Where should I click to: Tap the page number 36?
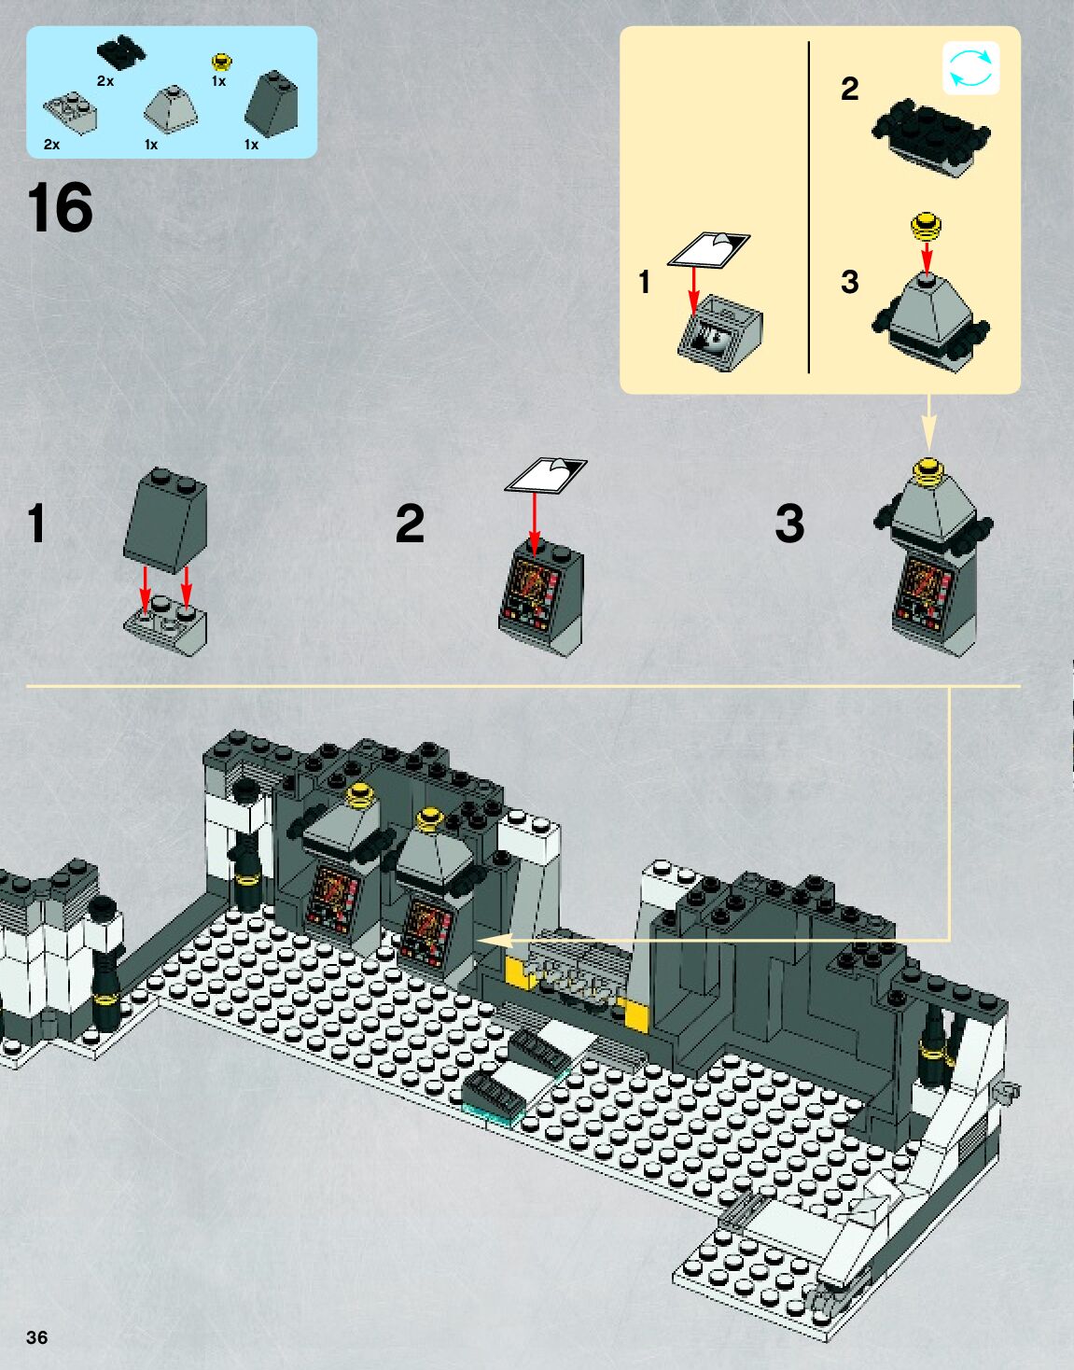pyautogui.click(x=36, y=1337)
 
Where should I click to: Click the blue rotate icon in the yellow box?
pyautogui.click(x=970, y=68)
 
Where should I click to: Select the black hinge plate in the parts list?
pyautogui.click(x=121, y=52)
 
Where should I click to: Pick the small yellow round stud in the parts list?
pyautogui.click(x=221, y=63)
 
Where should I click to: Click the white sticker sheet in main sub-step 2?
pyautogui.click(x=546, y=474)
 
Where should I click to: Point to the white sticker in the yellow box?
pyautogui.click(x=709, y=249)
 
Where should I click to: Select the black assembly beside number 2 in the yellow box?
pyautogui.click(x=931, y=137)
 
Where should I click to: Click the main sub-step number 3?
pyautogui.click(x=789, y=524)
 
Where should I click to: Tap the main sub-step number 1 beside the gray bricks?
pyautogui.click(x=36, y=524)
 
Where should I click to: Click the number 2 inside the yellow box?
pyautogui.click(x=849, y=89)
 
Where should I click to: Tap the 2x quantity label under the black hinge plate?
pyautogui.click(x=105, y=81)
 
